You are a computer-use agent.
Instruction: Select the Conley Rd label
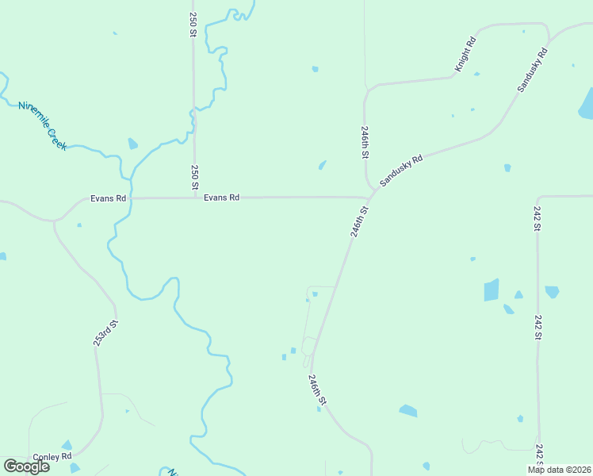click(52, 457)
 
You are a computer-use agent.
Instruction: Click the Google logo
click(26, 466)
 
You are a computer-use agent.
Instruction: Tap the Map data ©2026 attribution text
click(558, 470)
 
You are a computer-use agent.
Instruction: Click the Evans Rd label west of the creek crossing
click(108, 198)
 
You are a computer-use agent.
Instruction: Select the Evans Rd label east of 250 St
click(221, 198)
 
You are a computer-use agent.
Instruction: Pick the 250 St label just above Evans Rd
click(195, 176)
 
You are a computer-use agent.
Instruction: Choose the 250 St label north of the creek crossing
click(193, 24)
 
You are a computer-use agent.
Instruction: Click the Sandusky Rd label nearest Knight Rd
click(533, 70)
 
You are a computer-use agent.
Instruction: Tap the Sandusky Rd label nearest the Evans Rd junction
click(401, 170)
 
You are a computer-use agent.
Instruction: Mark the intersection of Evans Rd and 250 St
click(195, 198)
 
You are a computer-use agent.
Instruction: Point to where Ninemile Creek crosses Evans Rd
click(132, 198)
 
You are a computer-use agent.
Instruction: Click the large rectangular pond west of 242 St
click(492, 290)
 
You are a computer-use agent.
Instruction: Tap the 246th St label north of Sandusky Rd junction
click(365, 141)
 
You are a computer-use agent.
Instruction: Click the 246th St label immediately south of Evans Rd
click(360, 222)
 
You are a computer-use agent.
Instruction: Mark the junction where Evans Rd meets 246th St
click(373, 198)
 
